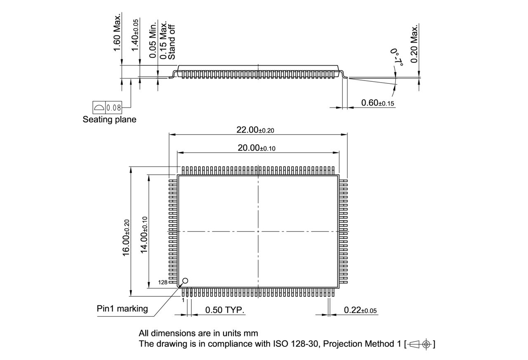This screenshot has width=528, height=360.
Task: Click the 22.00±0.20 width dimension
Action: (255, 130)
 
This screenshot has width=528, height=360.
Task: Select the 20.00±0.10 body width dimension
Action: (256, 148)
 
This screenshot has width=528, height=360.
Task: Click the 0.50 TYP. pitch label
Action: (225, 310)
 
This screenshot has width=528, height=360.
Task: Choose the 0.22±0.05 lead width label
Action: (360, 310)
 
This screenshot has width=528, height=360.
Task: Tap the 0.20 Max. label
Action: (414, 43)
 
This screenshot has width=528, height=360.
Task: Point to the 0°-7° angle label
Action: (397, 57)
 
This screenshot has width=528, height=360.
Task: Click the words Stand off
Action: (172, 44)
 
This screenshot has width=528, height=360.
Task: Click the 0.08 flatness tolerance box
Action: (113, 108)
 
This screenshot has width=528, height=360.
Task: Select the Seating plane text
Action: (109, 120)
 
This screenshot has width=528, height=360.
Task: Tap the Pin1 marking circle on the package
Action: (185, 281)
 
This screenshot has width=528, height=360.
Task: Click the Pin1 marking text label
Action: (122, 308)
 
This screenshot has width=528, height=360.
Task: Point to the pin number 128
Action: (163, 283)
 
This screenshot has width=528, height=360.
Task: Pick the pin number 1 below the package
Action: (183, 300)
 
